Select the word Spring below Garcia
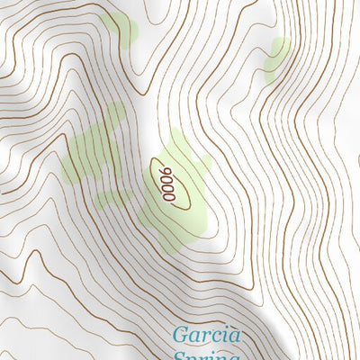(x=207, y=356)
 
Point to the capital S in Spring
(x=179, y=356)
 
